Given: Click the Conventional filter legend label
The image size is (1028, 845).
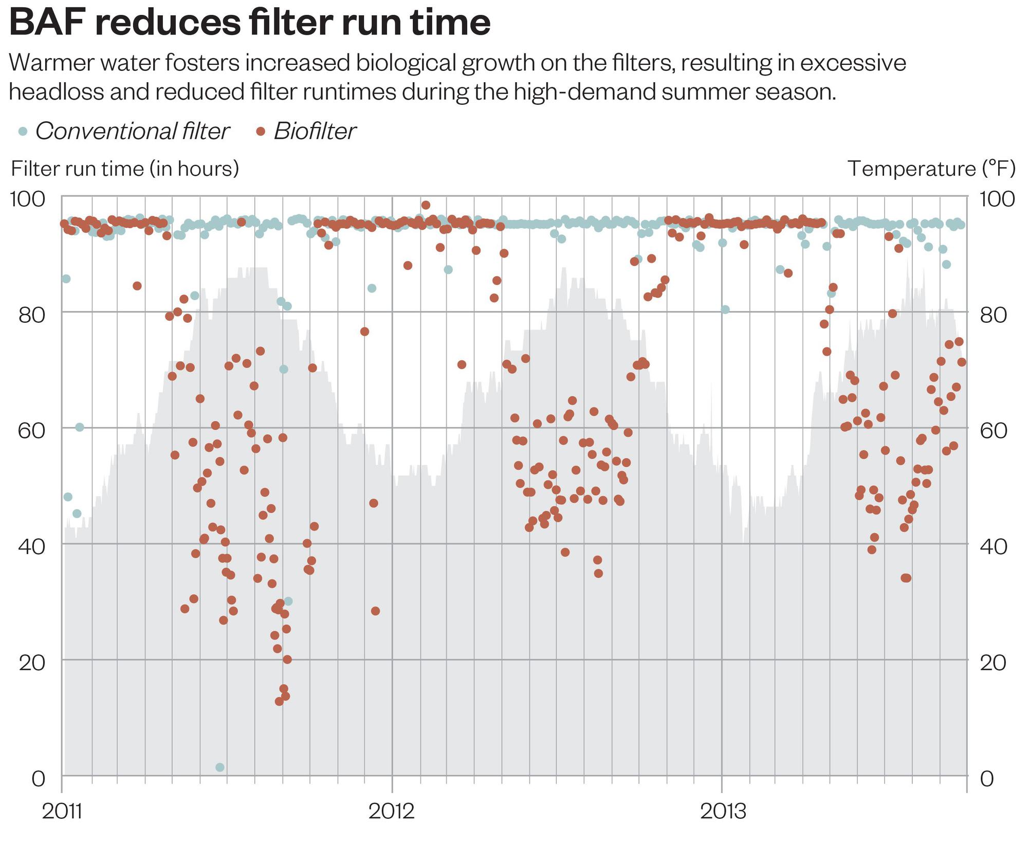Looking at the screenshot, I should point(132,131).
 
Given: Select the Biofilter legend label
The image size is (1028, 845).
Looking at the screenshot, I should point(315,131).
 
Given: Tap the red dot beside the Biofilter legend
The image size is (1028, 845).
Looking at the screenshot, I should point(261,132).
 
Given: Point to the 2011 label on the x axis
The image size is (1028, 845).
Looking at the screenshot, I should point(62,812).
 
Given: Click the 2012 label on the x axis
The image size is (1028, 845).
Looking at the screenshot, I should point(392,812).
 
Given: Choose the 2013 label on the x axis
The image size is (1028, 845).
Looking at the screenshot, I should point(723,812).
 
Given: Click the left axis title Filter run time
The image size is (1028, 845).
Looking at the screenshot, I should point(125,169).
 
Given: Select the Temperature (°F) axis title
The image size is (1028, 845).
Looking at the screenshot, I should point(931,169).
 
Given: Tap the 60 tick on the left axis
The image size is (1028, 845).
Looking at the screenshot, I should point(32,430).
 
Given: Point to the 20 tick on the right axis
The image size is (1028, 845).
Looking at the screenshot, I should point(993,663).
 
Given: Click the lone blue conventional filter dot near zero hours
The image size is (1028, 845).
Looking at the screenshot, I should point(220,767).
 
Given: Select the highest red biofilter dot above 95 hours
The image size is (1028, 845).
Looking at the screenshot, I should point(426,205).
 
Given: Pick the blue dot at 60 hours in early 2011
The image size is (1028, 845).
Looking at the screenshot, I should point(79,427).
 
